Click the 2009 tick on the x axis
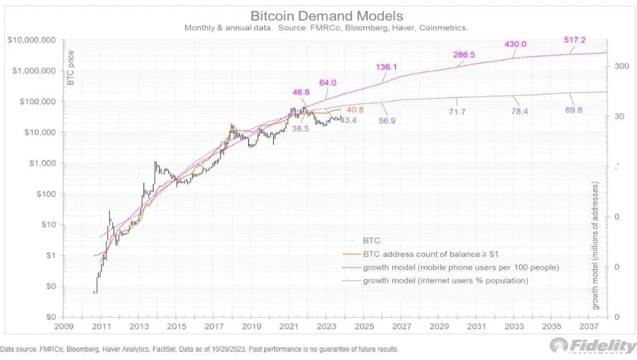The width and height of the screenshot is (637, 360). point(65,325)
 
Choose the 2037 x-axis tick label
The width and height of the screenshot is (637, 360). point(589,325)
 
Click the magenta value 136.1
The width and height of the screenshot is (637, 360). point(387,67)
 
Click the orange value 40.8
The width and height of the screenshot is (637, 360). point(355,109)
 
